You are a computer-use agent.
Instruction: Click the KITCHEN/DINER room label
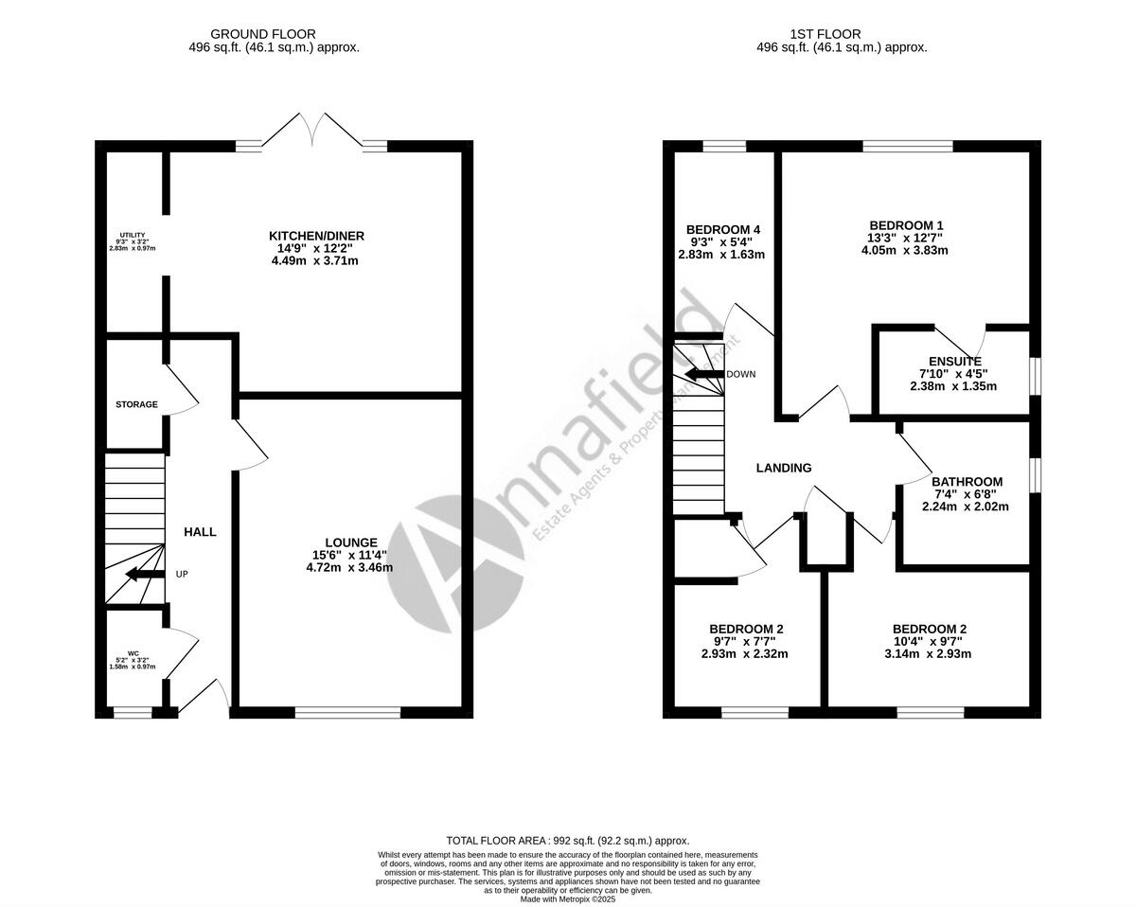tap(316, 236)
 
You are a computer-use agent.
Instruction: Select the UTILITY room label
tap(132, 235)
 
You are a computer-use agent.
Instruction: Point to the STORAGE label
tap(136, 404)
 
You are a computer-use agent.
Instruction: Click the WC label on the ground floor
tap(121, 652)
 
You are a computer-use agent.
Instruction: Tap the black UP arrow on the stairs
tap(143, 574)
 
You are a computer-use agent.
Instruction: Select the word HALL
tap(200, 532)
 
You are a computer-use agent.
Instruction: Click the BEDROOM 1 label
tap(904, 224)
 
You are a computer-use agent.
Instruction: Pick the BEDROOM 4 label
tap(723, 230)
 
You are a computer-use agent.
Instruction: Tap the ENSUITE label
tap(954, 362)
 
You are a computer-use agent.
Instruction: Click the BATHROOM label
tap(967, 482)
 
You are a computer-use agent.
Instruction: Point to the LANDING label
tap(784, 468)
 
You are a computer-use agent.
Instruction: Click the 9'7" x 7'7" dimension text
tap(745, 641)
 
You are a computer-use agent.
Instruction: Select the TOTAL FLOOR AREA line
tap(568, 840)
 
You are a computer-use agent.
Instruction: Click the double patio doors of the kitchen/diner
tap(312, 131)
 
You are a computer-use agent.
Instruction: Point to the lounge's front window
tap(347, 712)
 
